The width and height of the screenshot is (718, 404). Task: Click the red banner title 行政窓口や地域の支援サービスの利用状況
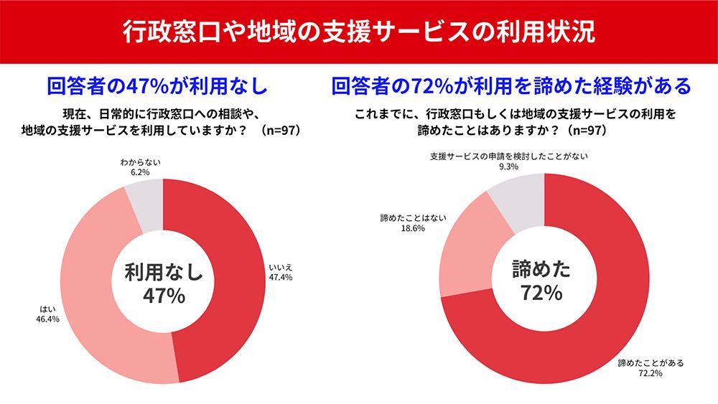(358, 32)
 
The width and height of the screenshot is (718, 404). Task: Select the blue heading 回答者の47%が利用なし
(157, 86)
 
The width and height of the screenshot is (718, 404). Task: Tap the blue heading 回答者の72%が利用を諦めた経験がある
(511, 86)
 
